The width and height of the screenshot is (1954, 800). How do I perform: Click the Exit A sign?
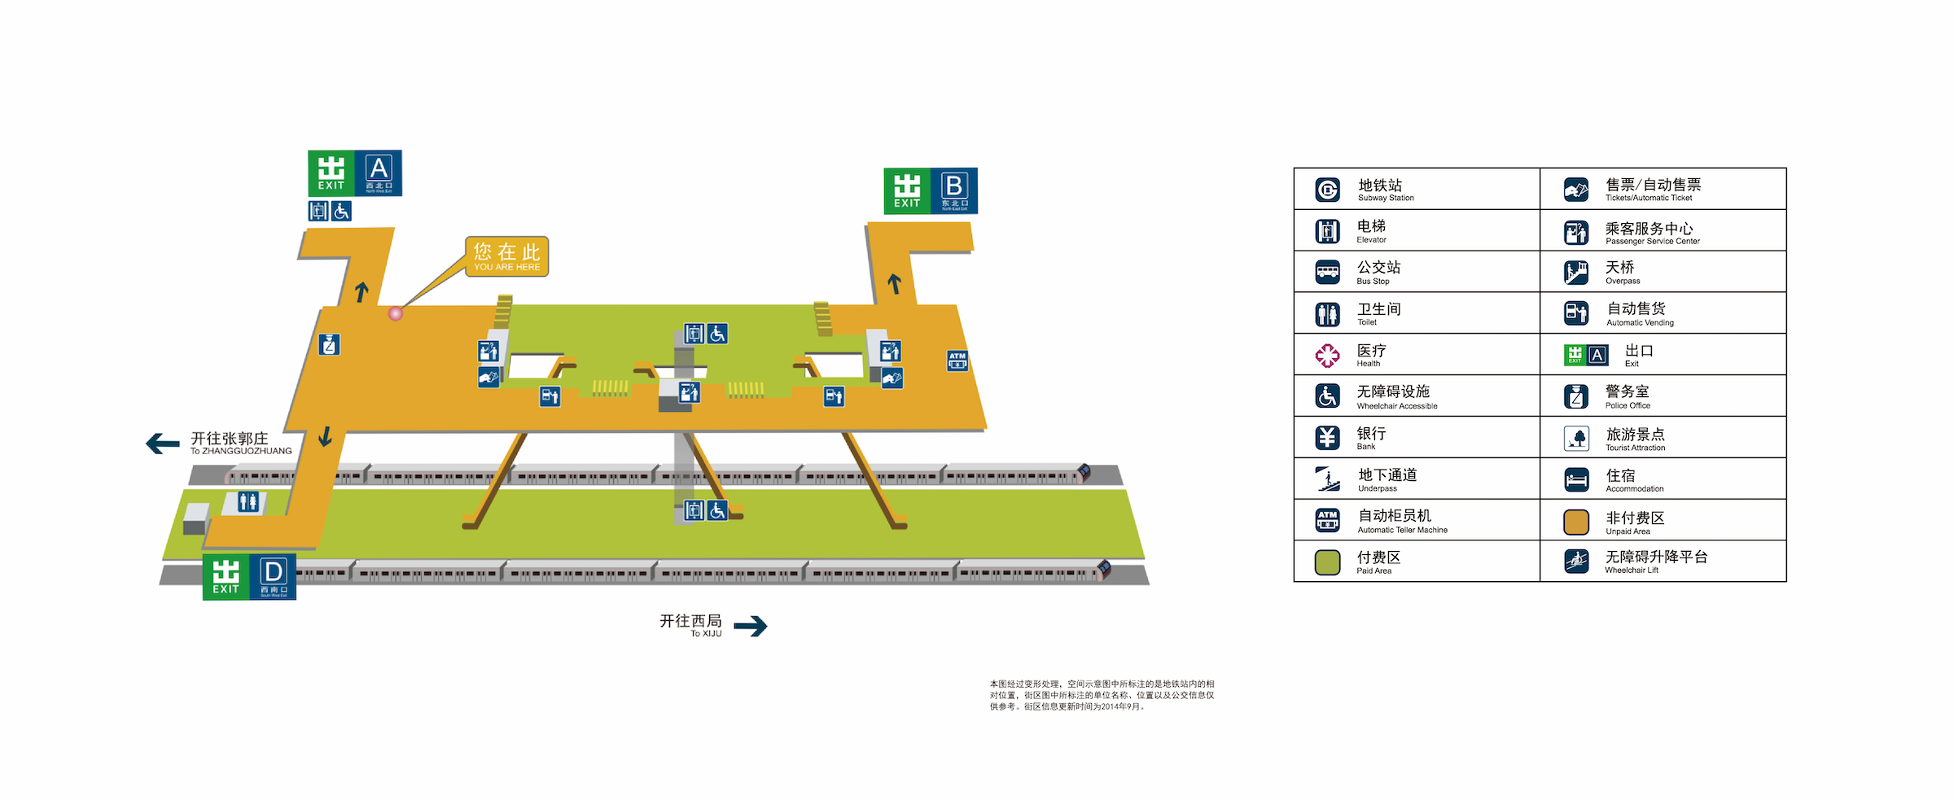click(x=355, y=173)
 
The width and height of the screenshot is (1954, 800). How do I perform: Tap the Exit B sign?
click(x=931, y=191)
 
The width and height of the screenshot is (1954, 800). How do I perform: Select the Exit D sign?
click(x=249, y=577)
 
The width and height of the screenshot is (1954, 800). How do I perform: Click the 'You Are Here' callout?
click(x=506, y=256)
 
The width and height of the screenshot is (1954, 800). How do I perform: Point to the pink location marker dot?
click(x=396, y=313)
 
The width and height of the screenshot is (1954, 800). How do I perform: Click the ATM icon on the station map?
click(x=957, y=361)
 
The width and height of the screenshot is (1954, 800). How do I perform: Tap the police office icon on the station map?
click(x=330, y=345)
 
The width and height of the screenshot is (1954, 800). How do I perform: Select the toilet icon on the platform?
click(x=248, y=502)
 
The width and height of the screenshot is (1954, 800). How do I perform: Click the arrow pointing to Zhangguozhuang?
click(x=163, y=444)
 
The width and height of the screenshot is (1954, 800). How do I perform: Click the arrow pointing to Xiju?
click(x=750, y=625)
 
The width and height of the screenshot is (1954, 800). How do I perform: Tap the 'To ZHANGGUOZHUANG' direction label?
click(x=240, y=444)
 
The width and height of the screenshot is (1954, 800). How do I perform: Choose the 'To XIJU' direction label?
click(x=690, y=625)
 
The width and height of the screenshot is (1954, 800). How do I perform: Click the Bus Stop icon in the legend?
click(x=1328, y=272)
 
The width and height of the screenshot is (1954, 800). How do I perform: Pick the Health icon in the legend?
click(x=1328, y=356)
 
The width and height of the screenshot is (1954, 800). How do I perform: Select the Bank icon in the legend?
click(x=1328, y=438)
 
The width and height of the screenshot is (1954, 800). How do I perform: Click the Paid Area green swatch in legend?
click(x=1328, y=562)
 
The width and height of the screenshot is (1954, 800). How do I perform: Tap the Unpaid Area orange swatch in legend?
click(x=1576, y=522)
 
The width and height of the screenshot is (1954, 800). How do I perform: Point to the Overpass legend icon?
click(x=1576, y=272)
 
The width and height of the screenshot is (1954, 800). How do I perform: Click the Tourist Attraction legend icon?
click(x=1576, y=439)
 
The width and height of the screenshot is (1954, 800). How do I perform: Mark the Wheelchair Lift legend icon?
click(x=1576, y=562)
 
